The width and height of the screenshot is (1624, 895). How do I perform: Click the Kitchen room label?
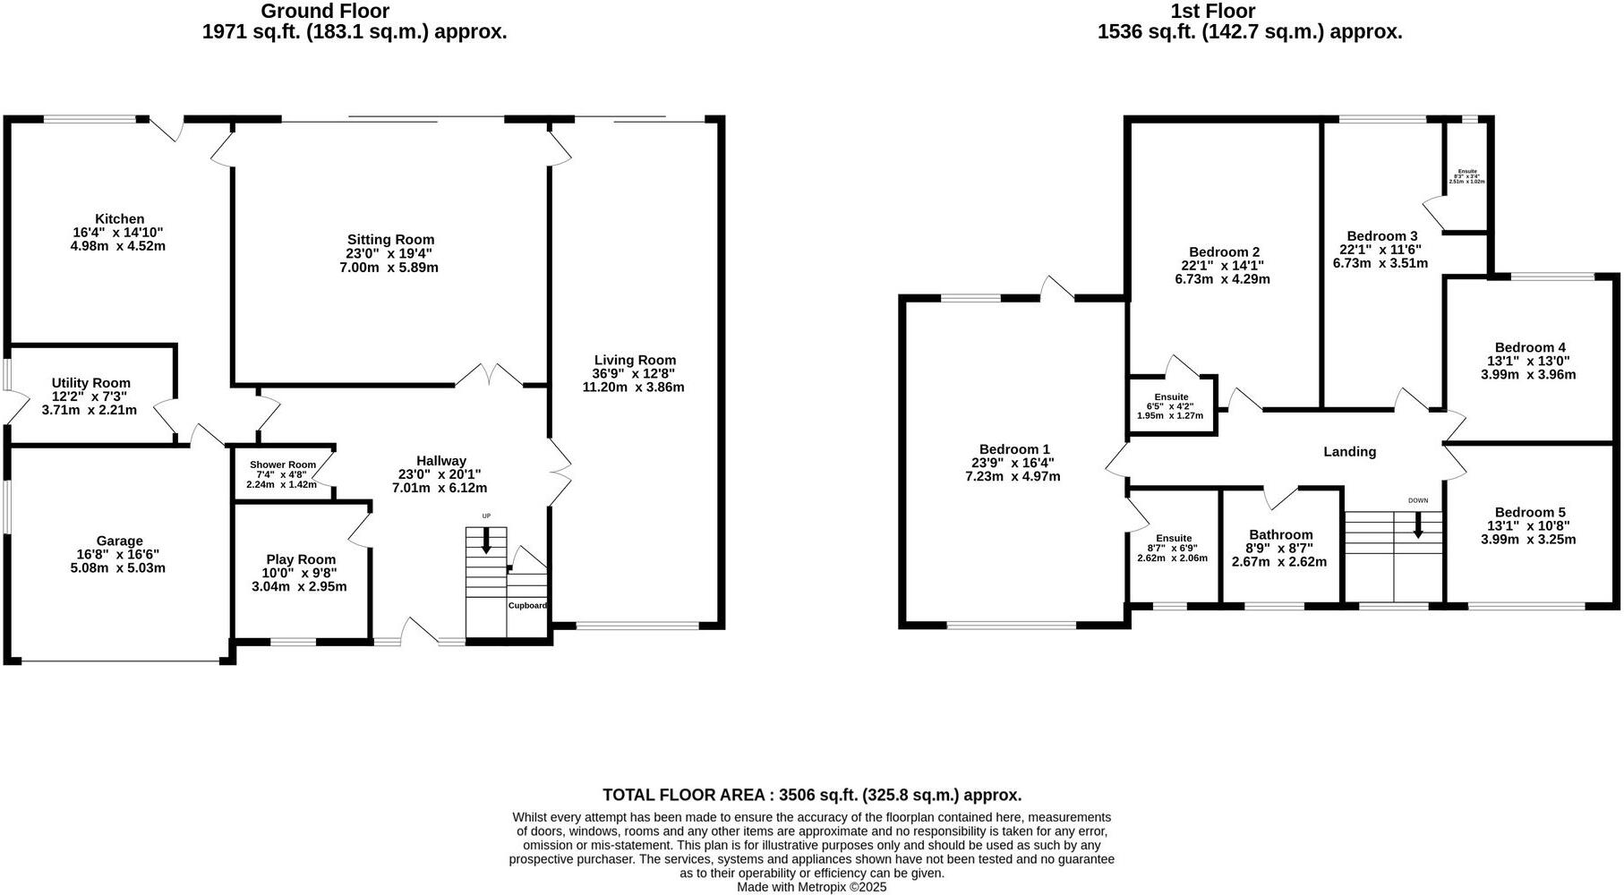(x=120, y=219)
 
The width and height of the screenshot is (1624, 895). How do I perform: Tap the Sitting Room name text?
(x=390, y=240)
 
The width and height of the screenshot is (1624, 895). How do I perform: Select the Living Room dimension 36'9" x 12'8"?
(x=634, y=374)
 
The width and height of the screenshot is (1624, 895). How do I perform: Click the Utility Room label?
(x=90, y=383)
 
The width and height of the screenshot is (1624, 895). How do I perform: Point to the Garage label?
(x=120, y=541)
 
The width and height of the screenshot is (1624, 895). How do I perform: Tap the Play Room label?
(x=301, y=559)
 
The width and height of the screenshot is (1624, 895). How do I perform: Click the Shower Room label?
(x=282, y=465)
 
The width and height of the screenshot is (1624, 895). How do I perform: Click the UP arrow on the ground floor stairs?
(x=486, y=541)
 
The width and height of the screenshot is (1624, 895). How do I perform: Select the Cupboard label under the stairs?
(x=527, y=606)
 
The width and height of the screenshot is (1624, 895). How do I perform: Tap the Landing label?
(x=1349, y=452)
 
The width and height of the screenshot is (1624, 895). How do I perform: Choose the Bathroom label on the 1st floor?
(x=1280, y=535)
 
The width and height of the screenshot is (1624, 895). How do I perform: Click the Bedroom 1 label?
(x=1013, y=449)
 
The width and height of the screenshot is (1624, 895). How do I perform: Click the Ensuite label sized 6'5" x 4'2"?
(x=1171, y=397)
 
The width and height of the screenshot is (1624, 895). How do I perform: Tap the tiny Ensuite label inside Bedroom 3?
(x=1466, y=172)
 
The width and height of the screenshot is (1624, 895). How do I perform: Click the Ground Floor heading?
(x=325, y=12)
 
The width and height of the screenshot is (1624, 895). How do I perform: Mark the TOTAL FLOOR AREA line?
(x=811, y=795)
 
